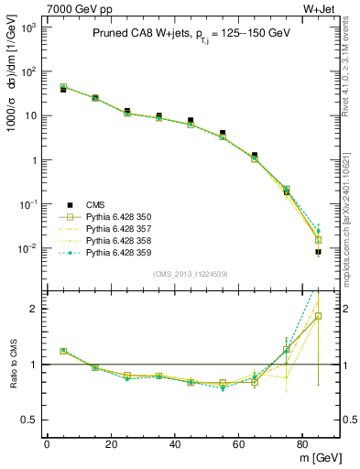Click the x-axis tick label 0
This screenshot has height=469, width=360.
click(x=47, y=444)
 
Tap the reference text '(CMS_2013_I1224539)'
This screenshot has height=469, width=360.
click(x=191, y=273)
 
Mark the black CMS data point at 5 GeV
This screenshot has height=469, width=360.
click(x=62, y=90)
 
